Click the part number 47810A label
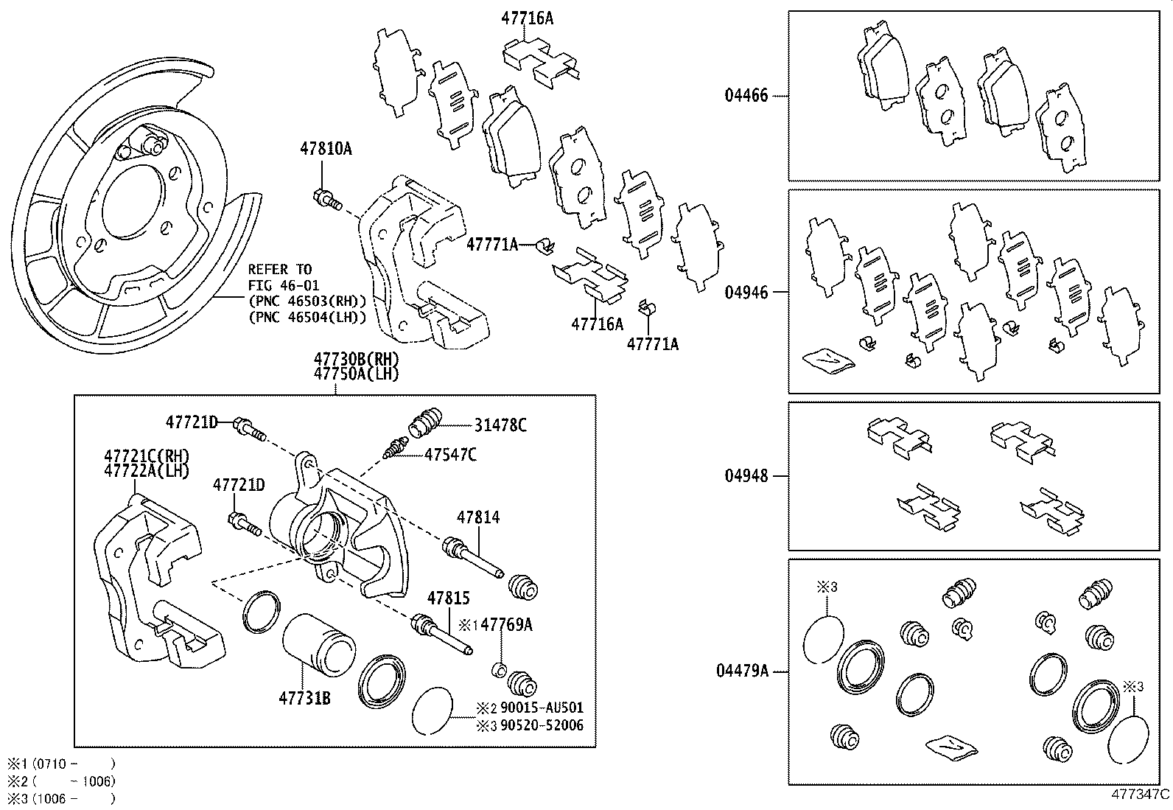[325, 149]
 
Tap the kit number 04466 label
[746, 96]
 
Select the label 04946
[746, 293]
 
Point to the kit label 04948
[746, 476]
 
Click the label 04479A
[741, 671]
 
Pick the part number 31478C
[500, 425]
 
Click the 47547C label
[450, 455]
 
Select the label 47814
[477, 517]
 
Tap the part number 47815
[447, 598]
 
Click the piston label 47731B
[304, 697]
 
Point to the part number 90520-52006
[542, 725]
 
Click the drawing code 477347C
[1141, 795]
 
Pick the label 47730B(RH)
[356, 359]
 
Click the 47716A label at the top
[527, 18]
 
